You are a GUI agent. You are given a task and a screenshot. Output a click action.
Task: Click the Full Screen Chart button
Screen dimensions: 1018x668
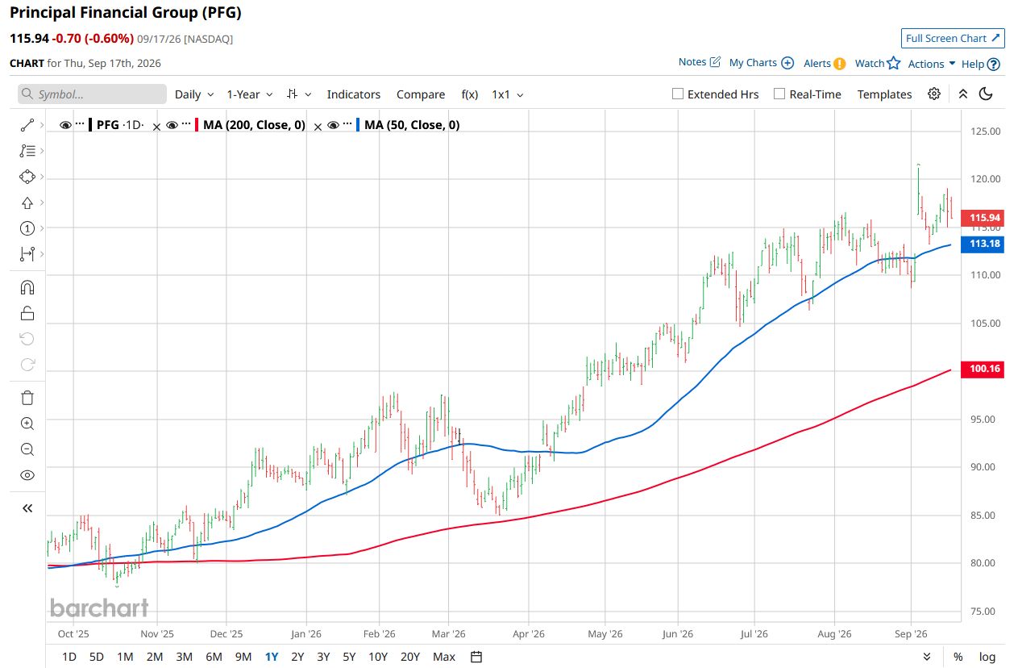coord(953,38)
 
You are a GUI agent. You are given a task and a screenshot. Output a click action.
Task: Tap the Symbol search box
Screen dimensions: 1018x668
coord(92,94)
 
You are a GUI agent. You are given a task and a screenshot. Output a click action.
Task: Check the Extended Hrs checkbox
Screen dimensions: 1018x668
coord(678,94)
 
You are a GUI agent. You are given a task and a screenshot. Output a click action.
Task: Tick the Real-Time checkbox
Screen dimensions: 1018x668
coord(779,94)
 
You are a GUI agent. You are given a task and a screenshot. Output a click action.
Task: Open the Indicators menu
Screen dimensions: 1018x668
coord(354,94)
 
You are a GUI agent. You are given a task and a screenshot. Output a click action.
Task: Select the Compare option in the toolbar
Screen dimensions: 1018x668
coord(421,94)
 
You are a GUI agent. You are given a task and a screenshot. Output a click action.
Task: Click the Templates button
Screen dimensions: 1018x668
coord(884,94)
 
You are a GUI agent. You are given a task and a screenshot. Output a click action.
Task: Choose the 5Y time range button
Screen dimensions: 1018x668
coord(349,657)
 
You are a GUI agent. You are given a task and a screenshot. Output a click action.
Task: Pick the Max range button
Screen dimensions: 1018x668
coord(444,657)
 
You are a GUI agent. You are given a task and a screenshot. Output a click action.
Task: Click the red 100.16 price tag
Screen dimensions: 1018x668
coord(982,369)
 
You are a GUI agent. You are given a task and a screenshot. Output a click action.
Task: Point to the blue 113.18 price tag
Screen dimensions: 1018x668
coord(982,244)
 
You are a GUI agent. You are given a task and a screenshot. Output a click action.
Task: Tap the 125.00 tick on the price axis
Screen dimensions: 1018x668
coord(985,132)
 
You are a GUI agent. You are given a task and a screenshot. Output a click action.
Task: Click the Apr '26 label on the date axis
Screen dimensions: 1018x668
coord(528,633)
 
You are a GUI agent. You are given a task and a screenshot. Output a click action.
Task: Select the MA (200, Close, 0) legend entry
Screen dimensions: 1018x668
coord(254,125)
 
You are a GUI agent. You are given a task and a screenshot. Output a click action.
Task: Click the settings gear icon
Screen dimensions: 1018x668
coord(934,94)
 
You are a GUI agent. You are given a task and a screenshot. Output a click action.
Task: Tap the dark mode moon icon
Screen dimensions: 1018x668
coord(985,94)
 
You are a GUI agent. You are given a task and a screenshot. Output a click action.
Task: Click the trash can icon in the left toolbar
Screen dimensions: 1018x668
coord(27,398)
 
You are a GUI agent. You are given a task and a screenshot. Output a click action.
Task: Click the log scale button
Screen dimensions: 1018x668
coord(987,657)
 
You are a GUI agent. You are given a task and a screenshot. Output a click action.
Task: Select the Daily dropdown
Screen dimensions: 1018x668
coord(194,94)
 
